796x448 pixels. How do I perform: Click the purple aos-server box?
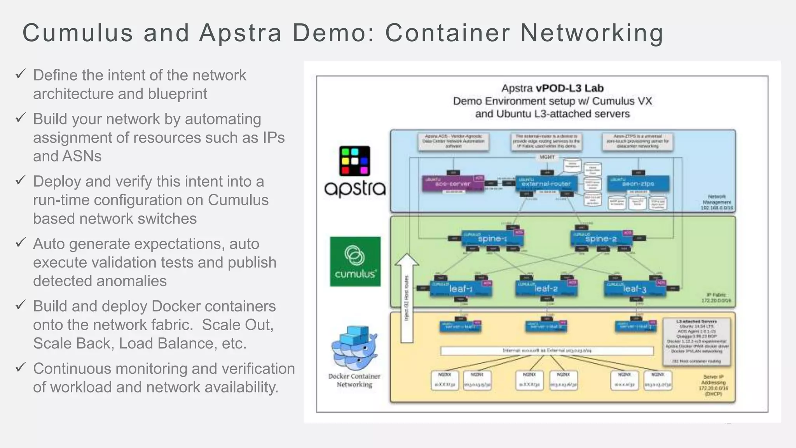(453, 184)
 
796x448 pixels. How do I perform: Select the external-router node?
(546, 184)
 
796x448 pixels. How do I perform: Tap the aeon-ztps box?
(638, 184)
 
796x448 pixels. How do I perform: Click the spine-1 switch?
(492, 239)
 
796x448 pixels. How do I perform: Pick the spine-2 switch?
(601, 239)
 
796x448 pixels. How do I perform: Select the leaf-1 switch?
(461, 289)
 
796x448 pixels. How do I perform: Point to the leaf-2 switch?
(546, 289)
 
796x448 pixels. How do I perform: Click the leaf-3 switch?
(635, 289)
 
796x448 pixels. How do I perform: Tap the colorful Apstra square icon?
(354, 161)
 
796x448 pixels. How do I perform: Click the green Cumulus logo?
(355, 261)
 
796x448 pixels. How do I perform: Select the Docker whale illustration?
(354, 348)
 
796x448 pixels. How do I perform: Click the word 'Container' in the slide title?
(447, 33)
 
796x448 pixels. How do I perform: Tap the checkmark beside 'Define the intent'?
(21, 73)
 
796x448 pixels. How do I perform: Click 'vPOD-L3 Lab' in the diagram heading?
(569, 88)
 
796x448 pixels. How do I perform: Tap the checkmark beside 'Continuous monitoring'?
(21, 367)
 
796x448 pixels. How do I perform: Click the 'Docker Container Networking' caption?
(354, 380)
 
